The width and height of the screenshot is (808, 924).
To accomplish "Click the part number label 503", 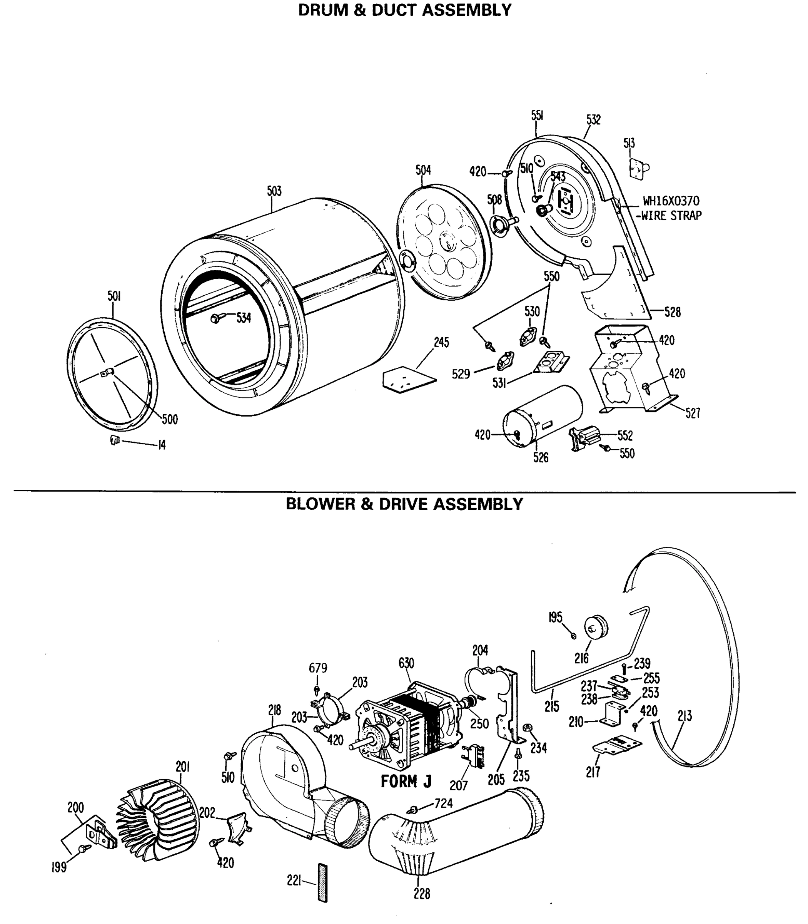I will [x=274, y=191].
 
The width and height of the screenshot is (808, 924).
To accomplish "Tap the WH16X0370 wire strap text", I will [x=671, y=208].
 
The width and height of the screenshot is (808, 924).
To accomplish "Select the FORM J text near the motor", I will [x=406, y=781].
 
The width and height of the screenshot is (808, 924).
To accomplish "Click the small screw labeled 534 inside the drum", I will [x=215, y=318].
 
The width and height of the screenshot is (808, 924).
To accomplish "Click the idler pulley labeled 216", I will [x=596, y=628].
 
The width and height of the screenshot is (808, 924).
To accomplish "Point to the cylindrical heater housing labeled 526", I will [x=543, y=415].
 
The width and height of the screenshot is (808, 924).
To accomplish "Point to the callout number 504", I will [x=423, y=170].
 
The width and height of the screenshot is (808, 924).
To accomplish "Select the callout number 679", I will [x=318, y=668].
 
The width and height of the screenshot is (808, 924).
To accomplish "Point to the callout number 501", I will [x=114, y=296].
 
